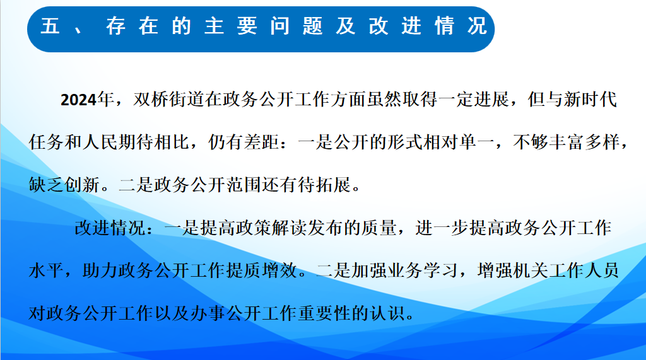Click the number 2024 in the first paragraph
(x=79, y=100)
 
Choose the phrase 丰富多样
(x=581, y=142)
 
